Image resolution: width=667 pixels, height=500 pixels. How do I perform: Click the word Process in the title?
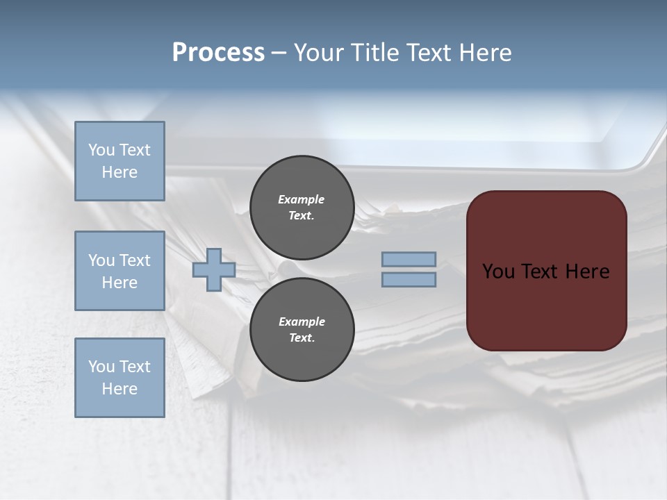(x=218, y=53)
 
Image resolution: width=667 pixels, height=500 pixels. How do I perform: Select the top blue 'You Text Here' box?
(x=120, y=161)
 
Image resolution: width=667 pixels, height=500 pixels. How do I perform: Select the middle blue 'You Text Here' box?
(x=120, y=271)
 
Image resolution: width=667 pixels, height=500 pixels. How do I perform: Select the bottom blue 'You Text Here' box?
(x=120, y=378)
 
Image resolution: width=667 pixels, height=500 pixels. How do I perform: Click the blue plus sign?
(x=214, y=269)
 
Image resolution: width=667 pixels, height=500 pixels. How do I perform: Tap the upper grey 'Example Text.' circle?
(x=302, y=208)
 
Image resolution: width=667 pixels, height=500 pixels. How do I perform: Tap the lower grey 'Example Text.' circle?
(x=302, y=330)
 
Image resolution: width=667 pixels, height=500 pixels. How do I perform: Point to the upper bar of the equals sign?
(x=409, y=260)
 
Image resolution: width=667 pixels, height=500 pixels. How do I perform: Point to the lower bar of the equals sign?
(x=409, y=280)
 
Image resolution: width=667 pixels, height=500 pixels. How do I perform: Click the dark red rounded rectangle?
(x=546, y=306)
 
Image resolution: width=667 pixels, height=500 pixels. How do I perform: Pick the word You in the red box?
(x=498, y=272)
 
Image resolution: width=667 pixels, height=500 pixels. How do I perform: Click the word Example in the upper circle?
(x=302, y=199)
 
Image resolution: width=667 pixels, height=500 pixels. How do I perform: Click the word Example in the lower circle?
(x=302, y=322)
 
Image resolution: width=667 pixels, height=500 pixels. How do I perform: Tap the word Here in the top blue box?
(x=120, y=172)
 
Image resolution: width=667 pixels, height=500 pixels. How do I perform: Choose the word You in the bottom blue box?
(x=102, y=367)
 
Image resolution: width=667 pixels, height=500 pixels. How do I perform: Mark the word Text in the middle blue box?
(x=135, y=260)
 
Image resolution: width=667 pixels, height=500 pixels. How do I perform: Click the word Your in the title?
(x=319, y=53)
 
